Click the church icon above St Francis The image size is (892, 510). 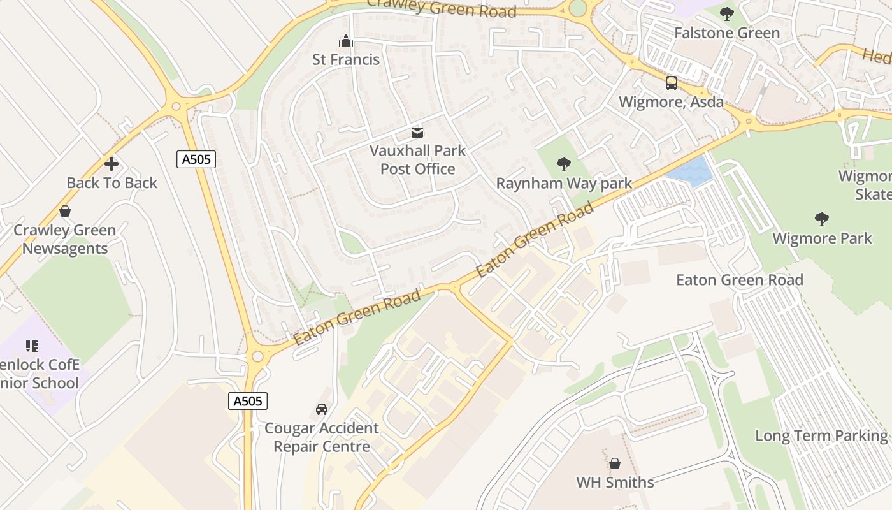point(346,41)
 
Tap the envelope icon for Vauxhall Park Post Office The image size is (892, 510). point(417,133)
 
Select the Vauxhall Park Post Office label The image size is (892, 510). point(418,160)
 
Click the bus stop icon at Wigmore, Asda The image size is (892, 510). point(672,83)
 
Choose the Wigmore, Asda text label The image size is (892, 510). point(671,102)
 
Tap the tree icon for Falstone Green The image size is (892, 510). point(726,14)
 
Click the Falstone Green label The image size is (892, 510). point(726,33)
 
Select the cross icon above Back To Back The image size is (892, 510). point(111,164)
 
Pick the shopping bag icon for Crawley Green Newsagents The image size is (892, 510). point(65,211)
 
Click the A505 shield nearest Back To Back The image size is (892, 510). point(196,159)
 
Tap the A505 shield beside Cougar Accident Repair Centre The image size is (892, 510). point(248,401)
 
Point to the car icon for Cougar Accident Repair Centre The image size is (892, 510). point(322,409)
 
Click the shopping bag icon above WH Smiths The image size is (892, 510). point(615,463)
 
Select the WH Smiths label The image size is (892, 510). point(615,483)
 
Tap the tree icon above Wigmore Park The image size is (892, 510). point(822,219)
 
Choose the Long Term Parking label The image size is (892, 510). point(821,436)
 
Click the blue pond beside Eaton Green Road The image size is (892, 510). point(691,170)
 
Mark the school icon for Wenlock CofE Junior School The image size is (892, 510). point(32,346)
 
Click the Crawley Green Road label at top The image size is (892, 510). point(442,8)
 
